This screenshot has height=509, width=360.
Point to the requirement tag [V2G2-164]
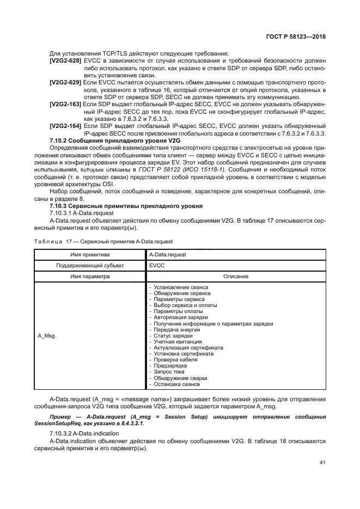(65, 125)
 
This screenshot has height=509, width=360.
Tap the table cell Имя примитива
(90, 254)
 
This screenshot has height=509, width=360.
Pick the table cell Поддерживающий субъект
(90, 265)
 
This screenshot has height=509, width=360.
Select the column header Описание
(235, 276)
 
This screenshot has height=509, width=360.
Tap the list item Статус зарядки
(170, 336)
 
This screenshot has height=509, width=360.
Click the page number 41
(322, 463)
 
